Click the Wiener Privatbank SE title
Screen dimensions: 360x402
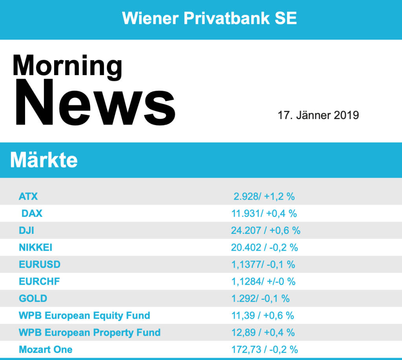click(209, 18)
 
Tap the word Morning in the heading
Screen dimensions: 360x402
click(67, 65)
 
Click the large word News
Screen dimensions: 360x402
click(94, 103)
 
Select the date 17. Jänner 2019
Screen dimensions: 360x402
click(318, 115)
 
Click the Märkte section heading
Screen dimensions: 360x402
click(44, 160)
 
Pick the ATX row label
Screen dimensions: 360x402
click(28, 196)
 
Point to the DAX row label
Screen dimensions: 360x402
click(32, 213)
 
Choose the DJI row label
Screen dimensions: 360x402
click(26, 230)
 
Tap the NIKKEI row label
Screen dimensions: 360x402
click(35, 248)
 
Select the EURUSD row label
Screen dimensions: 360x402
click(40, 264)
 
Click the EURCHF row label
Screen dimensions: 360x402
click(39, 281)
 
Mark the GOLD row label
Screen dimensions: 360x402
click(33, 298)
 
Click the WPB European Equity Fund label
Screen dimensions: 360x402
click(84, 315)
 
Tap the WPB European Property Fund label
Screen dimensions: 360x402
click(90, 332)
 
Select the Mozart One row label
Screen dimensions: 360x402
click(46, 349)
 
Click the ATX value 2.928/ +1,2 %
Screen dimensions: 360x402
click(264, 196)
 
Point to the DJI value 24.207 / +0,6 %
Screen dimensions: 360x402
click(265, 230)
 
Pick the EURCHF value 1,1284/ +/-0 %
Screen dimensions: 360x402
click(263, 281)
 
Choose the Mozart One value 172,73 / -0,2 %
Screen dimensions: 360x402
click(265, 349)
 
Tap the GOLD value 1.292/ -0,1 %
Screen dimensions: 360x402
click(260, 298)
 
